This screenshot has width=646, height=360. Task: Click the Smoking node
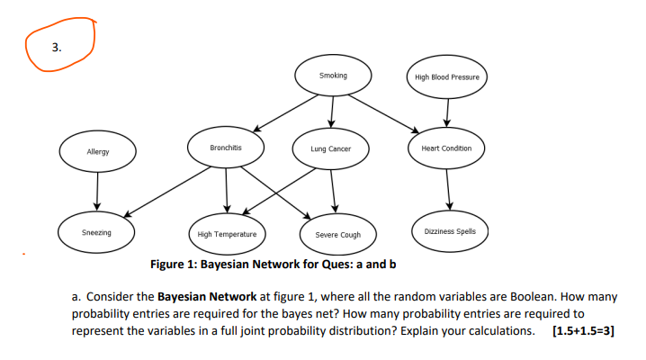(x=333, y=76)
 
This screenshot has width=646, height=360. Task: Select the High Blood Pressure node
(x=447, y=77)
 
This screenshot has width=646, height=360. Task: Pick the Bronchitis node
(x=225, y=147)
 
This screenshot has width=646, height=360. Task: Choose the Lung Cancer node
(x=331, y=149)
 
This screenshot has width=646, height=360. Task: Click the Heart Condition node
(x=447, y=148)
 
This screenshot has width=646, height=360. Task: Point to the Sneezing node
(x=97, y=232)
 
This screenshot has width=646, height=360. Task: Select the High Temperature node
(x=227, y=234)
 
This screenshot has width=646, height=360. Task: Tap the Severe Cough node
(x=337, y=234)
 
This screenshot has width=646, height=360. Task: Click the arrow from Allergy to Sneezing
(x=98, y=190)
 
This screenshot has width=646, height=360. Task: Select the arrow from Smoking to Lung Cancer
(x=332, y=112)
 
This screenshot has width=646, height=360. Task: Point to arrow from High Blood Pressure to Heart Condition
(x=447, y=112)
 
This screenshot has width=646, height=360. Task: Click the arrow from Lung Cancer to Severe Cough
(x=334, y=191)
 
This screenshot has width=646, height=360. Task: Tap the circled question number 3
(x=57, y=48)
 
